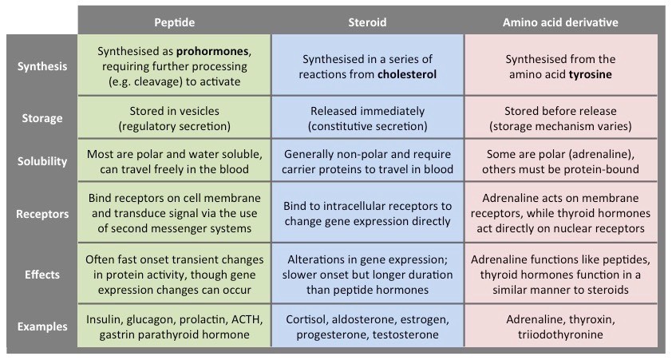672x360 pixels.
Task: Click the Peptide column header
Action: click(x=174, y=22)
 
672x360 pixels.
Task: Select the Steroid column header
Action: click(x=368, y=22)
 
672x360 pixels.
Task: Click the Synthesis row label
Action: click(x=42, y=66)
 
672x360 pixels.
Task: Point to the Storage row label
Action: click(x=42, y=118)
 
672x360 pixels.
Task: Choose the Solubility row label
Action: click(x=42, y=161)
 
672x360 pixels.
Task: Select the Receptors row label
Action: click(x=42, y=213)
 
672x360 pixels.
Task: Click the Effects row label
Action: click(x=42, y=274)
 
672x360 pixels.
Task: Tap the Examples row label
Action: click(x=42, y=326)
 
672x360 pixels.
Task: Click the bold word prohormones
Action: click(x=215, y=51)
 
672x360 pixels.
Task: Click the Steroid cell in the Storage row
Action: click(x=368, y=118)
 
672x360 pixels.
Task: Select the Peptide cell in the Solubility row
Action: click(x=174, y=161)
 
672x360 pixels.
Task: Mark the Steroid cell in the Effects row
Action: click(x=368, y=274)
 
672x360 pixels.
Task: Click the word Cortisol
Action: click(x=308, y=319)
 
